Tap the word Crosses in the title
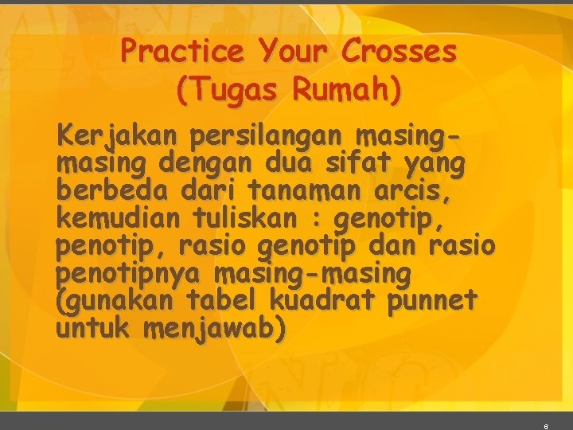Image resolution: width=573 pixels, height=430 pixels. click(400, 53)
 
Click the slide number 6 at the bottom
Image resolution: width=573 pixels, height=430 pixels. click(545, 426)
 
